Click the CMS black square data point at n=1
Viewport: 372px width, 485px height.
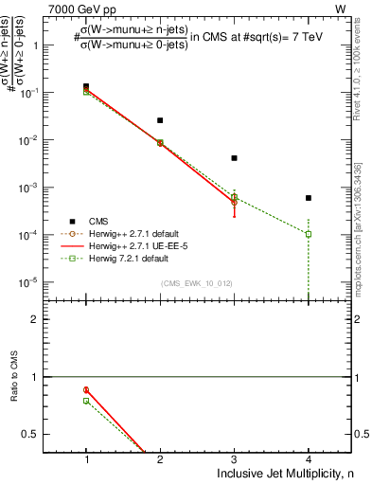pyautogui.click(x=86, y=86)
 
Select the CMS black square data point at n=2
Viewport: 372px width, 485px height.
pyautogui.click(x=160, y=120)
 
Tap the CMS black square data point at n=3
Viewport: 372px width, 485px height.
pyautogui.click(x=234, y=158)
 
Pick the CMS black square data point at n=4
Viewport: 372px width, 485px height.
pyautogui.click(x=308, y=198)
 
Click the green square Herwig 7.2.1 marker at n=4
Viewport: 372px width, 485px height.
pyautogui.click(x=308, y=234)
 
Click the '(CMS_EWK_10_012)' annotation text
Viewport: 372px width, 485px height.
pyautogui.click(x=198, y=283)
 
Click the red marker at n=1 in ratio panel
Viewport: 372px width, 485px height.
pyautogui.click(x=86, y=389)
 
